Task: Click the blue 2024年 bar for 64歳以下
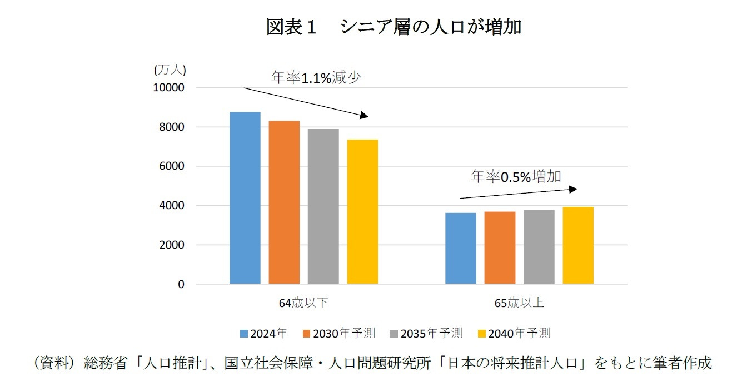pos(245,198)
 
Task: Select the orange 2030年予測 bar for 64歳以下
pos(284,202)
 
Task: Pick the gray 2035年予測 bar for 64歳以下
pos(323,206)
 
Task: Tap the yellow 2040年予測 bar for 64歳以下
pos(362,212)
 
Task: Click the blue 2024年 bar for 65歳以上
pos(461,249)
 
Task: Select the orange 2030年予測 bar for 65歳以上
pos(500,248)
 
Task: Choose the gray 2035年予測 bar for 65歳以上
pos(539,247)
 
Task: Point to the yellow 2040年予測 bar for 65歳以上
pos(578,245)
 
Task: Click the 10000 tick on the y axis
pos(169,88)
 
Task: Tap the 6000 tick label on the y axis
pos(173,166)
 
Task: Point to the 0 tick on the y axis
pos(181,284)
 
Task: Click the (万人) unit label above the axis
pos(170,70)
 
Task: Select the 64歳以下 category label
pos(303,303)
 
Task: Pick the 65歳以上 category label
pos(519,303)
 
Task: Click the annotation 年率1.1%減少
pos(316,78)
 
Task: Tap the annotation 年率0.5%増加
pos(516,177)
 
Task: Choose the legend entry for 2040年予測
pos(514,333)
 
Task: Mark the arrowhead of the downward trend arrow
pos(364,116)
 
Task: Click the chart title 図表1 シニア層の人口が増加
pos(394,27)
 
